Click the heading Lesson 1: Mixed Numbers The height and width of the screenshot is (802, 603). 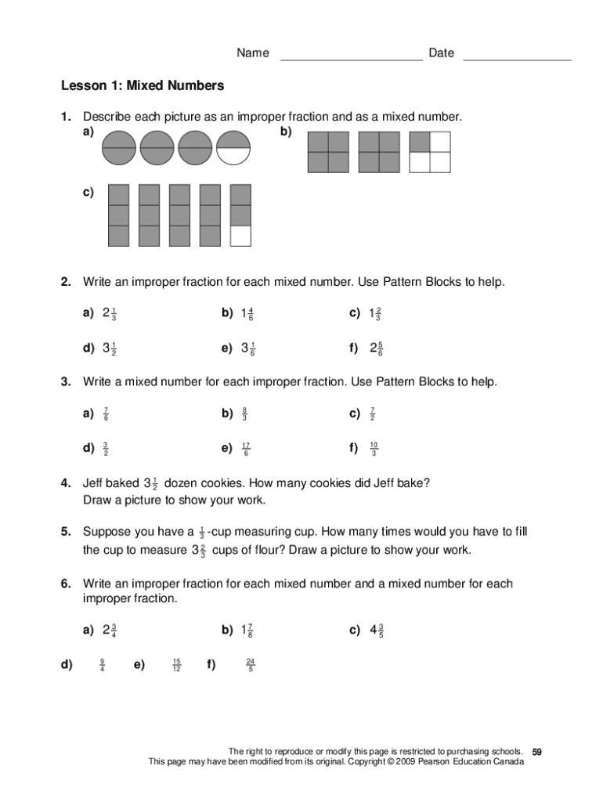(143, 85)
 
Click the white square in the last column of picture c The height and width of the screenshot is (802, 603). (241, 236)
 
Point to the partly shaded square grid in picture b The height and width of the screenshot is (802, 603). (430, 152)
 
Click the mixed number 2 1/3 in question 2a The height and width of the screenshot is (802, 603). (110, 314)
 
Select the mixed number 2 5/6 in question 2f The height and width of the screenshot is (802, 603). (376, 349)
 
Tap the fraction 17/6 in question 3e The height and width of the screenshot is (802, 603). (246, 449)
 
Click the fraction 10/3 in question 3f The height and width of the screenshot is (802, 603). (374, 449)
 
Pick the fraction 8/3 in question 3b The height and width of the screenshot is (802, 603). (244, 414)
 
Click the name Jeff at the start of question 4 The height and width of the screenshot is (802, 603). (95, 483)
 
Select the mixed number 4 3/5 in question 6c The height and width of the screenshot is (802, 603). (376, 630)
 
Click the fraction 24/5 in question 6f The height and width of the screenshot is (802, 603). (250, 666)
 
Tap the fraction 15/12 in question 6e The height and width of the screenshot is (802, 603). (176, 666)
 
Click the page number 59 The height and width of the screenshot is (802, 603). (536, 752)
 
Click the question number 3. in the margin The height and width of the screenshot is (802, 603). (67, 381)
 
